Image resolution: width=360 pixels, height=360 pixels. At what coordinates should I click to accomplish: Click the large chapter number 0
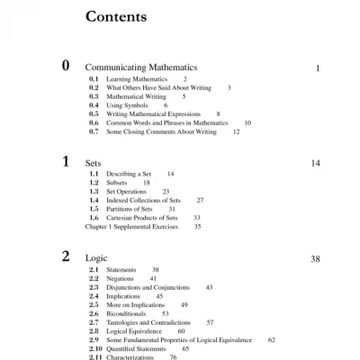(65, 65)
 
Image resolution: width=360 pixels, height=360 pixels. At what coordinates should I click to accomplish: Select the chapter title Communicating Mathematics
(141, 67)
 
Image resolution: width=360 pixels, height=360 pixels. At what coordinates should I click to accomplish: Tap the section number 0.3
(94, 96)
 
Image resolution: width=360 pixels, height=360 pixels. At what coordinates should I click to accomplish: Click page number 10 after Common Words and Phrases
(247, 122)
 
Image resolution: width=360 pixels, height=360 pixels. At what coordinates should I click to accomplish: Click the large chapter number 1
(65, 161)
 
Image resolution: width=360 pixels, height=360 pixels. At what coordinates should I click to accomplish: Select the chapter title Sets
(93, 164)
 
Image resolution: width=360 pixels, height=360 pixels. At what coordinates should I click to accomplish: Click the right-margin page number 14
(315, 164)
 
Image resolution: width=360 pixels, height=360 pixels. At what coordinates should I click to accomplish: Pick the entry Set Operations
(129, 192)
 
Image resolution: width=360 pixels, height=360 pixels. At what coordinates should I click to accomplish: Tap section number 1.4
(94, 201)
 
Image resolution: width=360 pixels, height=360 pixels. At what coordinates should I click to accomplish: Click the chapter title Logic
(96, 259)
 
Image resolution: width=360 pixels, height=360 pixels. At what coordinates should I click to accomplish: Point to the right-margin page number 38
(315, 259)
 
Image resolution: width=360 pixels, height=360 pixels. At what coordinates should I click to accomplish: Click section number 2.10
(94, 348)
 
